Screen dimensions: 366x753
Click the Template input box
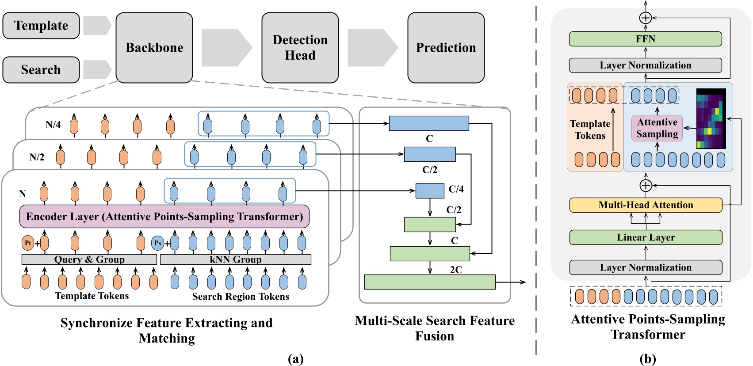pos(41,26)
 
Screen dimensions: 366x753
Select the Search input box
pos(41,70)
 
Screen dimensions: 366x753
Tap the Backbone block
pos(154,48)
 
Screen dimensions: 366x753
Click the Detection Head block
pos(300,48)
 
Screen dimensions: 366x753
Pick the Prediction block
pos(446,48)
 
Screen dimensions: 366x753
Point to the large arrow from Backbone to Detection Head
pos(227,48)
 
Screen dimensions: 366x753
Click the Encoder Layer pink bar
pos(164,217)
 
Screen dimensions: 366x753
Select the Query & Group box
pos(89,259)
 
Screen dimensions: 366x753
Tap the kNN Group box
pos(235,259)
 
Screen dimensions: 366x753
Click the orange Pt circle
pos(27,243)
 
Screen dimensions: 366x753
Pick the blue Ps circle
pos(157,243)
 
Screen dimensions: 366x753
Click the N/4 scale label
pos(53,125)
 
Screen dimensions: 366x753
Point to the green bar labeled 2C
pos(429,282)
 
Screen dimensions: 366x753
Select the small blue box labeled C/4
pos(430,191)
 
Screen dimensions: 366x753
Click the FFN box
pos(645,39)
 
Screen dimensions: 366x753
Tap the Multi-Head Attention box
pos(645,205)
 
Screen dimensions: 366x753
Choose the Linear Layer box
pos(645,237)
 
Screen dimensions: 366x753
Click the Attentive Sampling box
pos(657,128)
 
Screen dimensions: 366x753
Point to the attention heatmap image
pos(711,118)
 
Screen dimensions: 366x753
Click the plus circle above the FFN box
pos(646,18)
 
